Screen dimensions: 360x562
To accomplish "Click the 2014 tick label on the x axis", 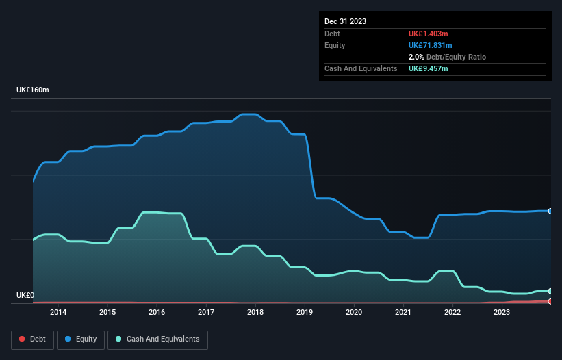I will pyautogui.click(x=58, y=312).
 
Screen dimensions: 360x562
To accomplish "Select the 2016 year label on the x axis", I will pyautogui.click(x=157, y=312).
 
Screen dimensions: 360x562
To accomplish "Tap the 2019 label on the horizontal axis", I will pyautogui.click(x=305, y=312).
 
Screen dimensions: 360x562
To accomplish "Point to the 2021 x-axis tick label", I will pyautogui.click(x=403, y=312).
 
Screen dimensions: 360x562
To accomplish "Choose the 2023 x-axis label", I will pyautogui.click(x=502, y=312).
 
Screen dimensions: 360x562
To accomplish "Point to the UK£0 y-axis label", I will pyautogui.click(x=25, y=296).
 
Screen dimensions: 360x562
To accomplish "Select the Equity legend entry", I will pyautogui.click(x=81, y=339).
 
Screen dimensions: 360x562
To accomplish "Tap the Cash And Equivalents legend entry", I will pyautogui.click(x=157, y=339).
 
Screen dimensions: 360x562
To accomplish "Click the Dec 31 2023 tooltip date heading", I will pyautogui.click(x=345, y=21).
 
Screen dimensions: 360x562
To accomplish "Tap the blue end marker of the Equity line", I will pyautogui.click(x=550, y=211).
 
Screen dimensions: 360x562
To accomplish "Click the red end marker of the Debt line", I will pyautogui.click(x=550, y=301).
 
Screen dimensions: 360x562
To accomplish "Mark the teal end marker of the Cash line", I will pyautogui.click(x=550, y=291).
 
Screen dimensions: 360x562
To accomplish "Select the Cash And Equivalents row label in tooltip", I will pyautogui.click(x=361, y=68).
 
